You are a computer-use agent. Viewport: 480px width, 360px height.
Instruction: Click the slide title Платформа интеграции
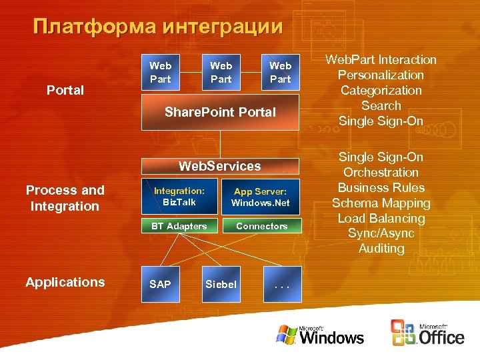point(158,27)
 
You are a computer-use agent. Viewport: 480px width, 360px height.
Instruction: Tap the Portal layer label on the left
point(65,90)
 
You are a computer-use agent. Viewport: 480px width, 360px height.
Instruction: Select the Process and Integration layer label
point(65,198)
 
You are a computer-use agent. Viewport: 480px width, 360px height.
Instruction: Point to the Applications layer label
point(65,282)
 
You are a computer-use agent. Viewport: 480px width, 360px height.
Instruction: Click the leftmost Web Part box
point(160,72)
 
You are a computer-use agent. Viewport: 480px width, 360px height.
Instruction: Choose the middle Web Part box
point(221,72)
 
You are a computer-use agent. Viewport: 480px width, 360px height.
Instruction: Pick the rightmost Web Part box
point(280,72)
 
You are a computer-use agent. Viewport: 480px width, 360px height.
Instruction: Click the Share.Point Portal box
point(220,112)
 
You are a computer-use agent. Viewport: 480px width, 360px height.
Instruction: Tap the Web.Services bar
point(220,166)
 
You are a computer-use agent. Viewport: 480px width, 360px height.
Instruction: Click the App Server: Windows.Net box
point(261,196)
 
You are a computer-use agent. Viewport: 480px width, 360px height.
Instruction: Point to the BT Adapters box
point(179,226)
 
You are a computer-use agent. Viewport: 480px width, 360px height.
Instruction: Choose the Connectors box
point(261,226)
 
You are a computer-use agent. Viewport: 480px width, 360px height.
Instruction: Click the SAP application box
point(160,284)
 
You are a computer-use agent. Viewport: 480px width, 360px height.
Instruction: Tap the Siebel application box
point(221,284)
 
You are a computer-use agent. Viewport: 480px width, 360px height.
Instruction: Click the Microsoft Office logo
point(427,333)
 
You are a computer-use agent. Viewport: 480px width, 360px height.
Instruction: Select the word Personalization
point(381,75)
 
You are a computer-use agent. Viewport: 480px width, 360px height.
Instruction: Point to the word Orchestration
point(381,173)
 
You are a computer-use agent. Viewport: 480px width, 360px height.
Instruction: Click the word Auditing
point(381,249)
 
